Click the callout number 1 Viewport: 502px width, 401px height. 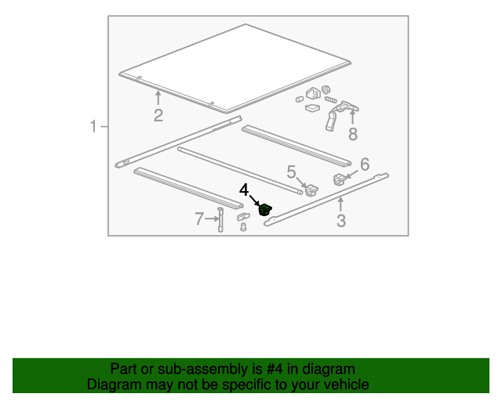pos(93,126)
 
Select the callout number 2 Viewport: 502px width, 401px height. pos(158,116)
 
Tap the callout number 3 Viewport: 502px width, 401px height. pos(340,221)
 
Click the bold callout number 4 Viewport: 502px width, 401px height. pos(245,190)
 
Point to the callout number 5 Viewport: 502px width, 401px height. pos(291,172)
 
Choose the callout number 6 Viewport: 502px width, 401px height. pos(364,165)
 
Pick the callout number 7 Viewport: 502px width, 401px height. pos(199,219)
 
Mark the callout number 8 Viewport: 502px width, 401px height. pos(352,134)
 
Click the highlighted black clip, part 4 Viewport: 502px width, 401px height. pos(265,209)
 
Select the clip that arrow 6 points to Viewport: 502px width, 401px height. pos(340,179)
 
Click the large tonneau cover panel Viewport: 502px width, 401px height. pos(235,67)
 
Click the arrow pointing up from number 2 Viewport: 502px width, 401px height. pos(158,98)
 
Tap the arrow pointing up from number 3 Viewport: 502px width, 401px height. pos(340,205)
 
